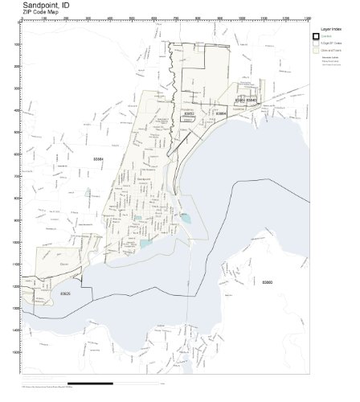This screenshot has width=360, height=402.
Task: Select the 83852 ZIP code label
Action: (190, 114)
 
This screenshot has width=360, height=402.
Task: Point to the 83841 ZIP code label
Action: (239, 100)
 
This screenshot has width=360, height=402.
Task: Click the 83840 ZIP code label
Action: (252, 100)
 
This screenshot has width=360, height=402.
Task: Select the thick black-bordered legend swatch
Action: (317, 35)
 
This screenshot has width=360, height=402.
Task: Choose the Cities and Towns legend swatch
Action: (317, 50)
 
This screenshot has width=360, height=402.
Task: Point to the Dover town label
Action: (43, 262)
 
